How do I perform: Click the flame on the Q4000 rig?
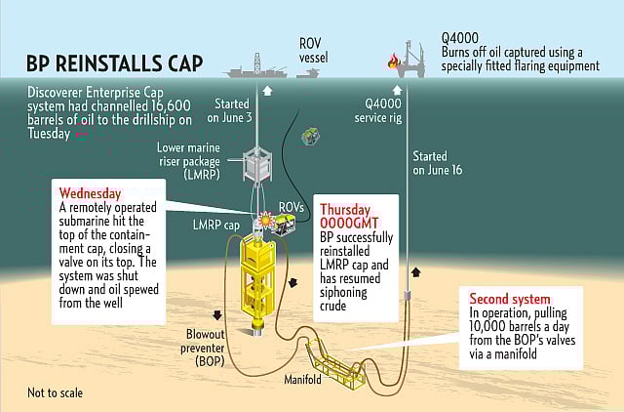[x=393, y=62]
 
